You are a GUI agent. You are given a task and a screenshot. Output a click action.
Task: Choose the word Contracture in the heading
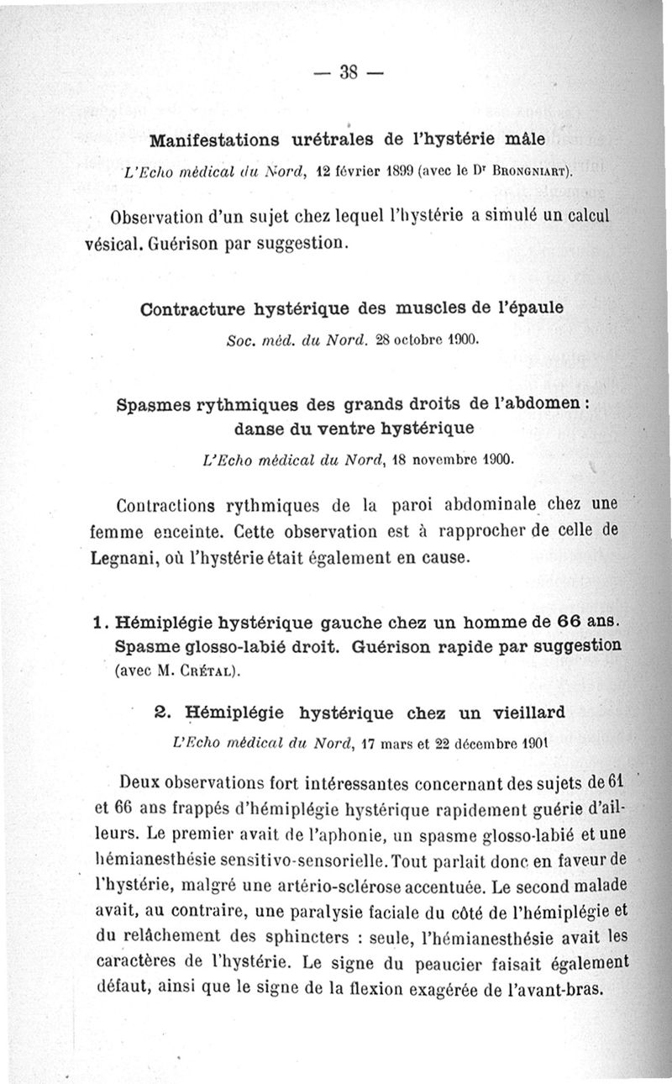click(x=194, y=308)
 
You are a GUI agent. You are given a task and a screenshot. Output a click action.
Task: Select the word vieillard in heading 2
click(x=518, y=713)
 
